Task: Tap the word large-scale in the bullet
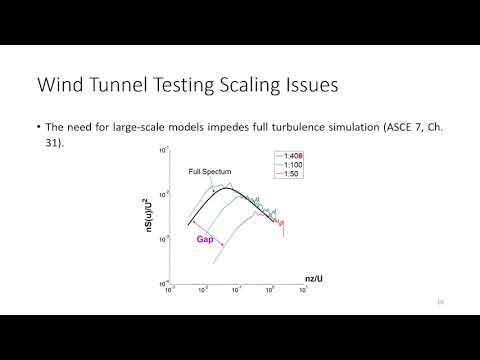click(143, 129)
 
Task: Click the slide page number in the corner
click(441, 300)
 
